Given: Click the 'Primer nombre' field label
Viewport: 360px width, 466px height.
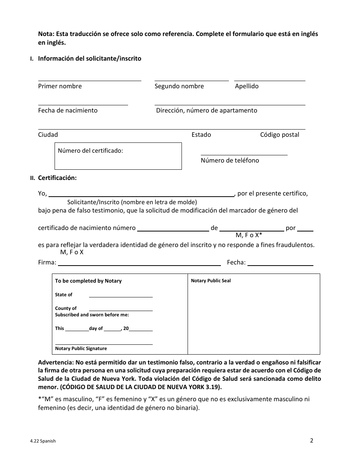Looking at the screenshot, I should tap(60, 86).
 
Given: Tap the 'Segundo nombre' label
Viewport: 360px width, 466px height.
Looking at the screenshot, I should tap(179, 86).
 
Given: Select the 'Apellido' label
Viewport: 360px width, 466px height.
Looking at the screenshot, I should tap(247, 86).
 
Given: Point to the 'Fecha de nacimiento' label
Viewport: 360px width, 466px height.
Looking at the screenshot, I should tap(67, 110).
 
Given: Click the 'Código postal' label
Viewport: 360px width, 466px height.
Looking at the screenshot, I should tap(279, 134).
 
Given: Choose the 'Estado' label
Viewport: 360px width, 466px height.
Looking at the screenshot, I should tap(201, 134).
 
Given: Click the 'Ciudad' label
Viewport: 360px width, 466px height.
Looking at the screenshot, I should tap(48, 134).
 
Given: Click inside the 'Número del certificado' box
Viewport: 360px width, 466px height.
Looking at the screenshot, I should tap(118, 159).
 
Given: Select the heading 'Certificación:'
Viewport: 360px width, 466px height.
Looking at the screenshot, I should tap(57, 178).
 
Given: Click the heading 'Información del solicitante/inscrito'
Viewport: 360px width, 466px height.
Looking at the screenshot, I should tap(89, 58).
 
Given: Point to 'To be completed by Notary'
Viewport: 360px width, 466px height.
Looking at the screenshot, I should tap(88, 281).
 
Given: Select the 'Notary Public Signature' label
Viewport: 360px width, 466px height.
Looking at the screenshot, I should tap(81, 349).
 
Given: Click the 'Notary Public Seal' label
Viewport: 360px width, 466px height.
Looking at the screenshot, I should tap(211, 281).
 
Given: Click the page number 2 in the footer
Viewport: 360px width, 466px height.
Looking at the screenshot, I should tap(311, 440).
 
